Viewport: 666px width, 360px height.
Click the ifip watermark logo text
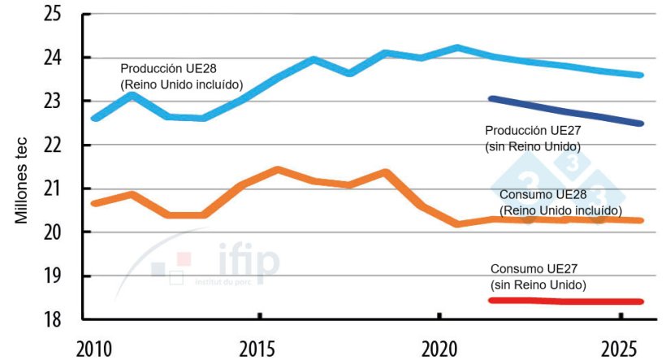[249, 262]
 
